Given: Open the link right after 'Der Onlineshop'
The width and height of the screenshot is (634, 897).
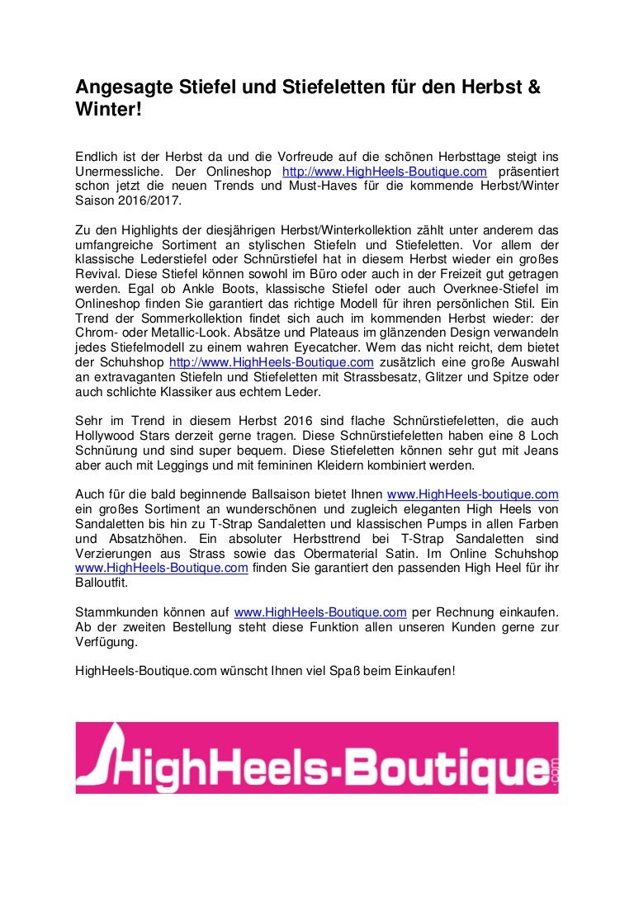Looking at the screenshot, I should (x=385, y=171).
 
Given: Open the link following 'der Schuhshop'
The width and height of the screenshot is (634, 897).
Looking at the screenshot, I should (x=272, y=363).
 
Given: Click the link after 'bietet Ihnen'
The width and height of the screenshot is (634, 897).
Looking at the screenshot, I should (x=473, y=494).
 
